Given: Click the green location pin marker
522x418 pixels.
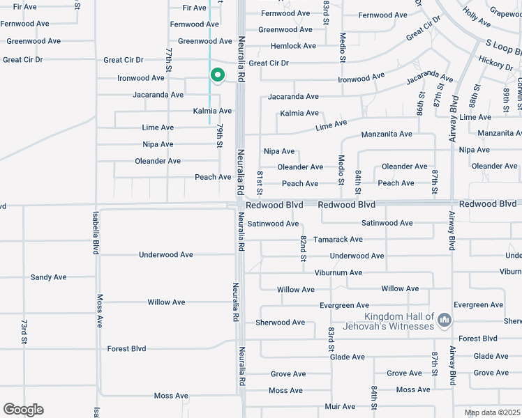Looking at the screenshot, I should (217, 75).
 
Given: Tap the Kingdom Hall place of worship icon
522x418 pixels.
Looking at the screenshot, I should (445, 320).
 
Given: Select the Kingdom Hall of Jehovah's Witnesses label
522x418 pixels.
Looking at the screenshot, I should (394, 321).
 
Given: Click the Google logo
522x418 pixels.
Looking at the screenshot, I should (23, 410).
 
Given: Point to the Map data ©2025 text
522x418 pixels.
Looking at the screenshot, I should (491, 412).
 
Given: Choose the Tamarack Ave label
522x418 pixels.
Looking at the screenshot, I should (338, 240).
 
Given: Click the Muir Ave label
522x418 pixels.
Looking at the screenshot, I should (340, 406).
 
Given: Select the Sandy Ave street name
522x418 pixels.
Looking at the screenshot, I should (49, 277).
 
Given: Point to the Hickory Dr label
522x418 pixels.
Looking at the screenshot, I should (496, 65).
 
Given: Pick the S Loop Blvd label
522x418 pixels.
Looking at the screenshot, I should (503, 47).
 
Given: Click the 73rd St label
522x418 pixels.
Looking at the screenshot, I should (23, 333).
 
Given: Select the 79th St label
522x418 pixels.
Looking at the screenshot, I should (218, 136).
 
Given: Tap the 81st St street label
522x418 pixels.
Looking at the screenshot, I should (260, 183).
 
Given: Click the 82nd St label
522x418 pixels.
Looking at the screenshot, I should (304, 249).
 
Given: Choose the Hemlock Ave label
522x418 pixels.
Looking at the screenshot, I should (293, 46).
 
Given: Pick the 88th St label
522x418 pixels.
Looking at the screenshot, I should (472, 96).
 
